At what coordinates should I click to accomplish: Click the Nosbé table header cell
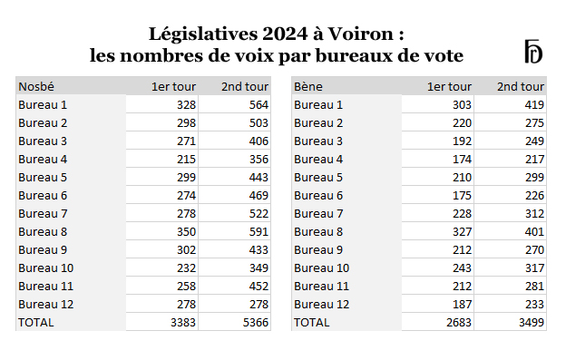[x=36, y=87]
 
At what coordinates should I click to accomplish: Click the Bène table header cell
[x=307, y=87]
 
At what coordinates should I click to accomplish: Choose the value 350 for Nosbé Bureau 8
[x=184, y=231]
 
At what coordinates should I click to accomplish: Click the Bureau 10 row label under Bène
[x=322, y=268]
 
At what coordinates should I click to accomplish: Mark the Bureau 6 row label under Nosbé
[x=43, y=195]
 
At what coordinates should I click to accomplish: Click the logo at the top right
[x=532, y=52]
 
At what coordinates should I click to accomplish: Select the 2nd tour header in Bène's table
[x=521, y=87]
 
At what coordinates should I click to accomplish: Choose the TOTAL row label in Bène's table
[x=312, y=322]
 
